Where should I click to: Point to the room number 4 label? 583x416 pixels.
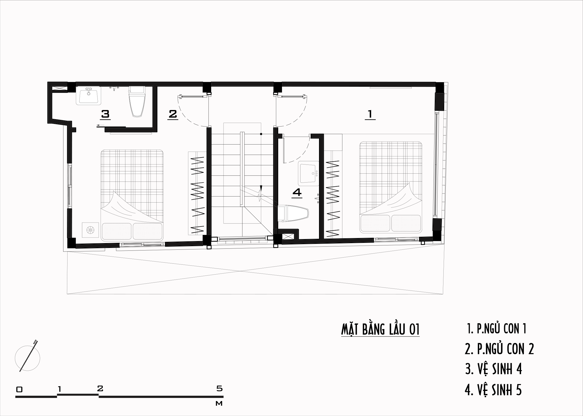[x=297, y=192]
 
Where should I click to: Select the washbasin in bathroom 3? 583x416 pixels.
[x=89, y=96]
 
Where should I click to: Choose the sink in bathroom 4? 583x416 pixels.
[x=309, y=173]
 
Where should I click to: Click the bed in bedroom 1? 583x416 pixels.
[x=391, y=187]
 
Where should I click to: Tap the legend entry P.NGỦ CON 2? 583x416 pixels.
[x=499, y=349]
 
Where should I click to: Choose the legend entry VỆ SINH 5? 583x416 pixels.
[x=493, y=390]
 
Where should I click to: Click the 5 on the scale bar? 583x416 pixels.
[x=220, y=388]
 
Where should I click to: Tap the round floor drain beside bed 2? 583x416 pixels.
[x=90, y=230]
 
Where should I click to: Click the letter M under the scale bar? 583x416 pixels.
[x=219, y=403]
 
